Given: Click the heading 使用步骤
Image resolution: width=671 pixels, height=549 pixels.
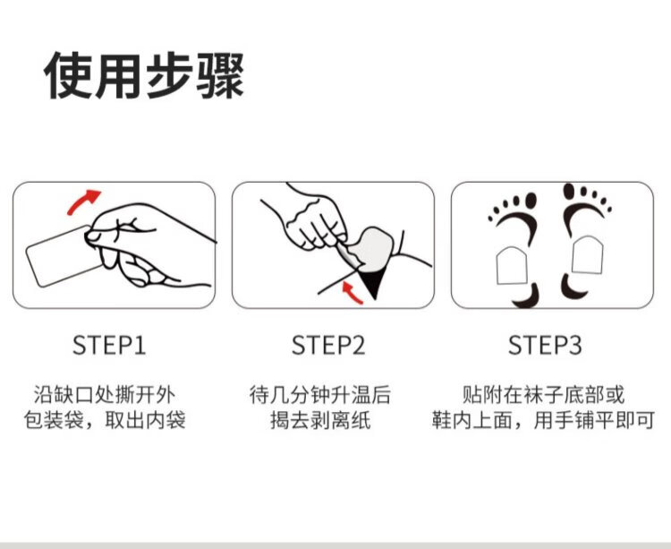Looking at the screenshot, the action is (144, 76).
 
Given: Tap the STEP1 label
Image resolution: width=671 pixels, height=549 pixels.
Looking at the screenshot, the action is (109, 345).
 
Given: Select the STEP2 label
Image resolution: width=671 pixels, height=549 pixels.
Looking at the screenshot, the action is (328, 345).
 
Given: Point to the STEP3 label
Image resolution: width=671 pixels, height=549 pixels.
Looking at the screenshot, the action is (545, 345).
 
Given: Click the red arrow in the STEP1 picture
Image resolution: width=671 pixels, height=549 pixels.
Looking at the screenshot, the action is (81, 201).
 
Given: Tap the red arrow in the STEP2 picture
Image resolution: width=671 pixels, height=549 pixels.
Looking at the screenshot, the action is (352, 293).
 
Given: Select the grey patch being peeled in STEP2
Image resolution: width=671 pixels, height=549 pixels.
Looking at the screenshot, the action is (373, 248).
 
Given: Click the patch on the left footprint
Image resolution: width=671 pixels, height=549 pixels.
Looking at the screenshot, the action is (513, 265).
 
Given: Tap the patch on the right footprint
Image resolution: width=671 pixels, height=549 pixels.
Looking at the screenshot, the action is (588, 255).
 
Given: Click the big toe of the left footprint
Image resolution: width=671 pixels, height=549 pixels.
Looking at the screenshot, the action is (531, 201).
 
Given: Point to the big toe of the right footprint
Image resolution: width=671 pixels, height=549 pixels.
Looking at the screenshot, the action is (569, 192).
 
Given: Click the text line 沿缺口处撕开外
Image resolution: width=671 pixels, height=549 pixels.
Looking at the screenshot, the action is (105, 394).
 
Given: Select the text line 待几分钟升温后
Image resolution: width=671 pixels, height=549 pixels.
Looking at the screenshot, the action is (320, 394).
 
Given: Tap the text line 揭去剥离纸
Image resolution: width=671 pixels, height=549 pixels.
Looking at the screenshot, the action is (320, 420).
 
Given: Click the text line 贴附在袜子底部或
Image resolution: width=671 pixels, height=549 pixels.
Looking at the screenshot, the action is (543, 394).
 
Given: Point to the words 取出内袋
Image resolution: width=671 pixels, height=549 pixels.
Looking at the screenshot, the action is (145, 420).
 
